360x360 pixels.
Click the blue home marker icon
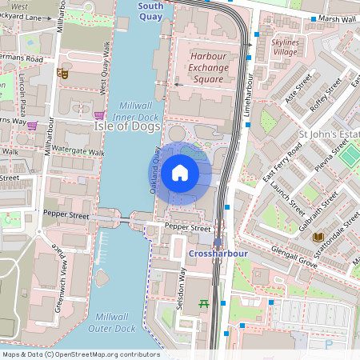point(180,173)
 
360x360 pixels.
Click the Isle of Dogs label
point(128,126)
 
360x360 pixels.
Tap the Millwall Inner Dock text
point(136,111)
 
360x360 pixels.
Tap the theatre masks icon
point(63,74)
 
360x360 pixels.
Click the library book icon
point(318,237)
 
